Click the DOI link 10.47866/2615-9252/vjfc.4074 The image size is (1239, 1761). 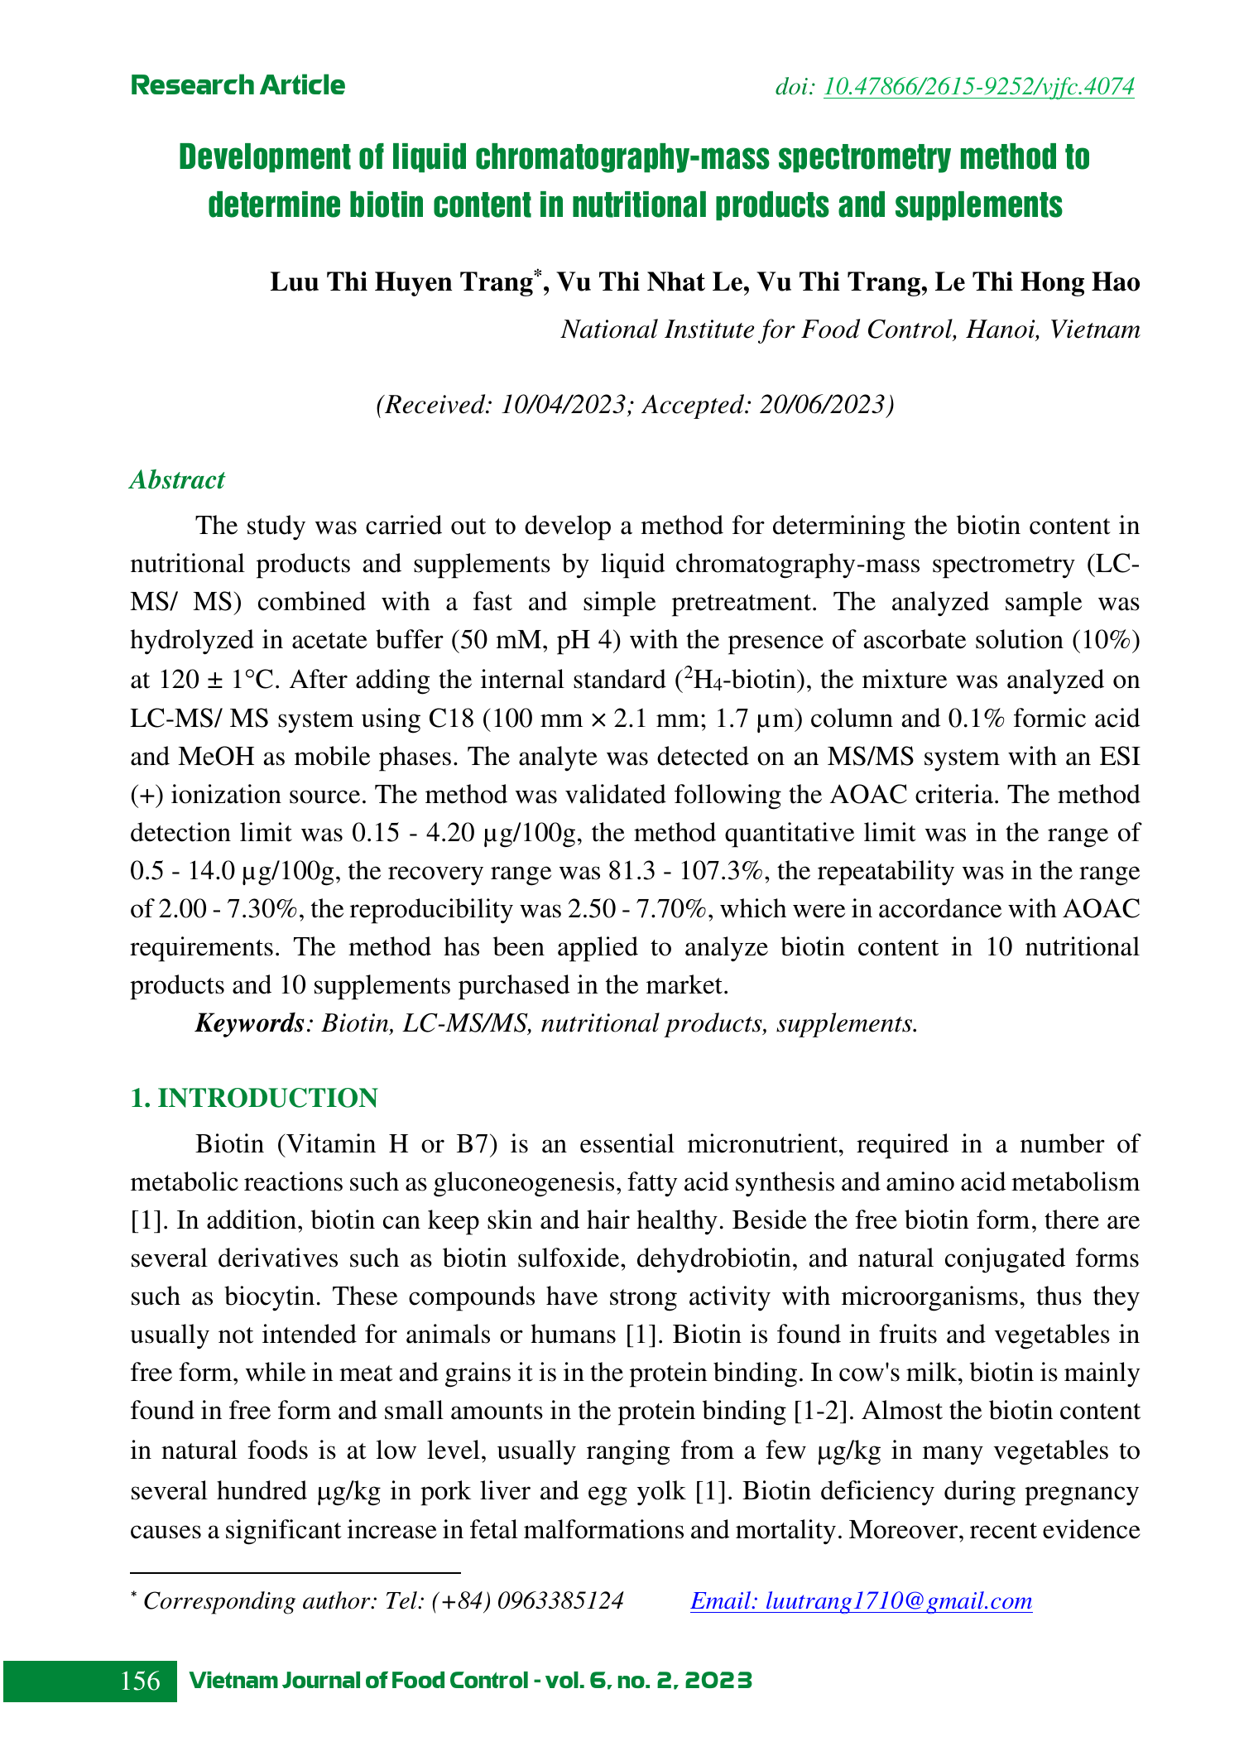click(x=979, y=86)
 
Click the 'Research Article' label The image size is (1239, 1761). click(x=238, y=85)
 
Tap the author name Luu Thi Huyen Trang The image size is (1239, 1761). click(x=401, y=282)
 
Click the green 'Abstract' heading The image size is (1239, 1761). click(x=177, y=480)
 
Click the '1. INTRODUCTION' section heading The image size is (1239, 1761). click(x=254, y=1099)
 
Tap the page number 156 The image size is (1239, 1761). click(x=141, y=1682)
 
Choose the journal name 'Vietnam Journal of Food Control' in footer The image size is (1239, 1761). click(x=359, y=1682)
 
